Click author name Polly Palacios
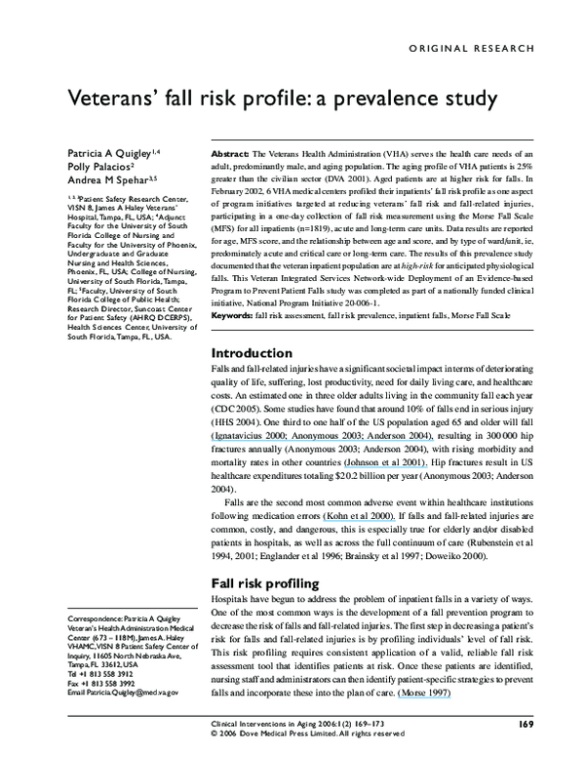click(97, 167)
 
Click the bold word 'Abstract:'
click(230, 155)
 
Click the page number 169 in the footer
click(526, 723)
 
